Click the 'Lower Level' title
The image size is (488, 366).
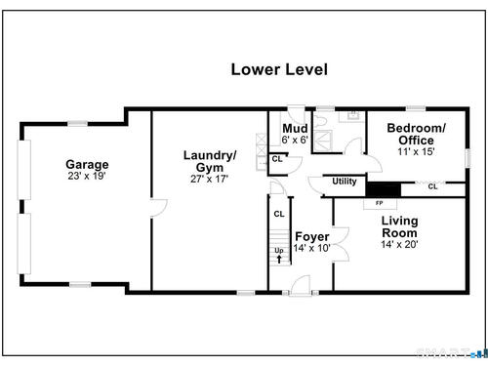click(279, 69)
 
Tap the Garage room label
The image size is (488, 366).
click(87, 165)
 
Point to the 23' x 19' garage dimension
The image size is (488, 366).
click(87, 176)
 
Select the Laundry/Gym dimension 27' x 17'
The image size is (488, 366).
click(210, 179)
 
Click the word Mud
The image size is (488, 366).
click(295, 129)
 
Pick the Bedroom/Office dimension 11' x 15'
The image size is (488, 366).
click(416, 151)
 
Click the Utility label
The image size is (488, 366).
click(345, 182)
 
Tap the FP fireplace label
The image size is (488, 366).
click(379, 203)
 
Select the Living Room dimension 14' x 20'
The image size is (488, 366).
click(399, 244)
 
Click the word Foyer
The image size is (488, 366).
click(312, 236)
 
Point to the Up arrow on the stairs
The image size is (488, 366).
click(279, 260)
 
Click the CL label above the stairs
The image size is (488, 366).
click(279, 214)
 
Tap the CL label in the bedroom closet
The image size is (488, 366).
click(432, 186)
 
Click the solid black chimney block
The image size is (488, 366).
click(384, 189)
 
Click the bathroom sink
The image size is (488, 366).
click(352, 115)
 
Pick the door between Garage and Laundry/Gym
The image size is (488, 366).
click(159, 208)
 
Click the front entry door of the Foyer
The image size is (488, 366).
click(301, 286)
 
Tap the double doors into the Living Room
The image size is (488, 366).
click(341, 244)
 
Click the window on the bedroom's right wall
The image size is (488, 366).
click(468, 158)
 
